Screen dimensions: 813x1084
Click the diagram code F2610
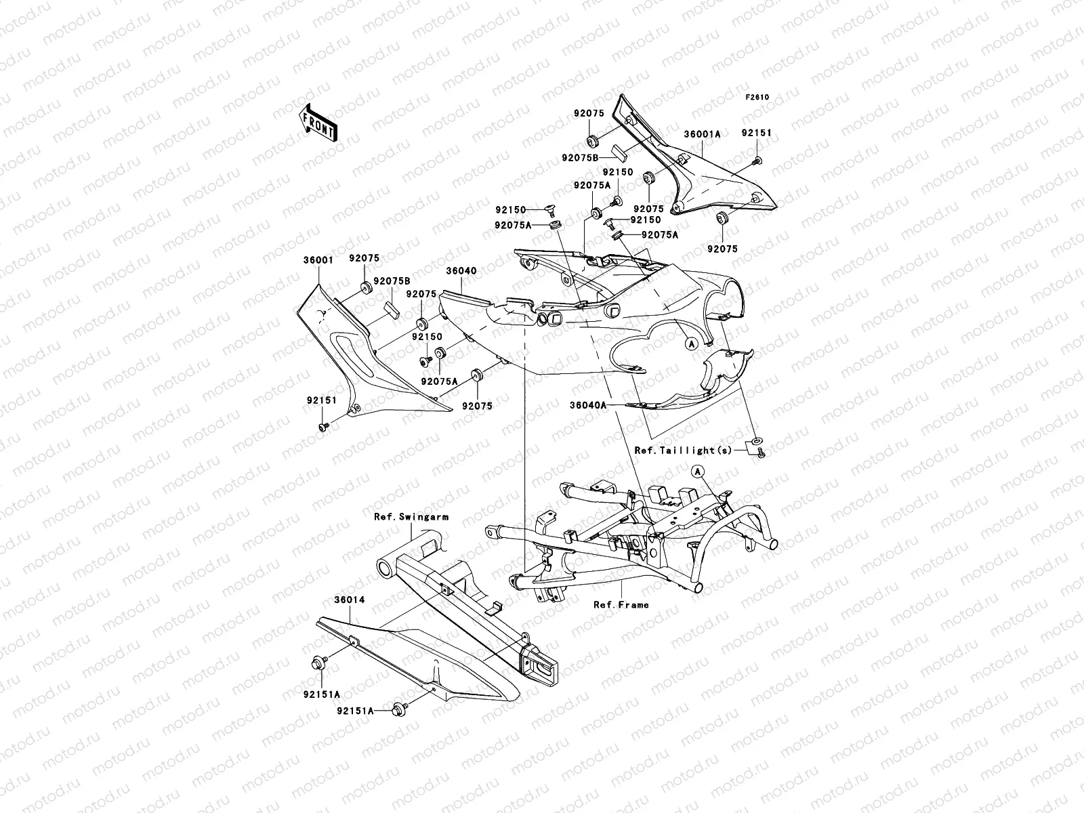coord(758,98)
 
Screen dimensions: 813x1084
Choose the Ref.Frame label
coord(621,604)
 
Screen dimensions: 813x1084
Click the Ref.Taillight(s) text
coord(683,451)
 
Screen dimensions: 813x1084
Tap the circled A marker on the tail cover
coord(692,344)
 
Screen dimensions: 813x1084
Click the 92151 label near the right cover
coord(756,133)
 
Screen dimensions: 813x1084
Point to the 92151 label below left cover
coord(320,400)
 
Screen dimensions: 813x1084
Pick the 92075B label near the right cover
coord(580,158)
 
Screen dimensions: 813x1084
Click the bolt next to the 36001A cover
coord(757,161)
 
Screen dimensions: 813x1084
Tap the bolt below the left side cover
coord(324,425)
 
